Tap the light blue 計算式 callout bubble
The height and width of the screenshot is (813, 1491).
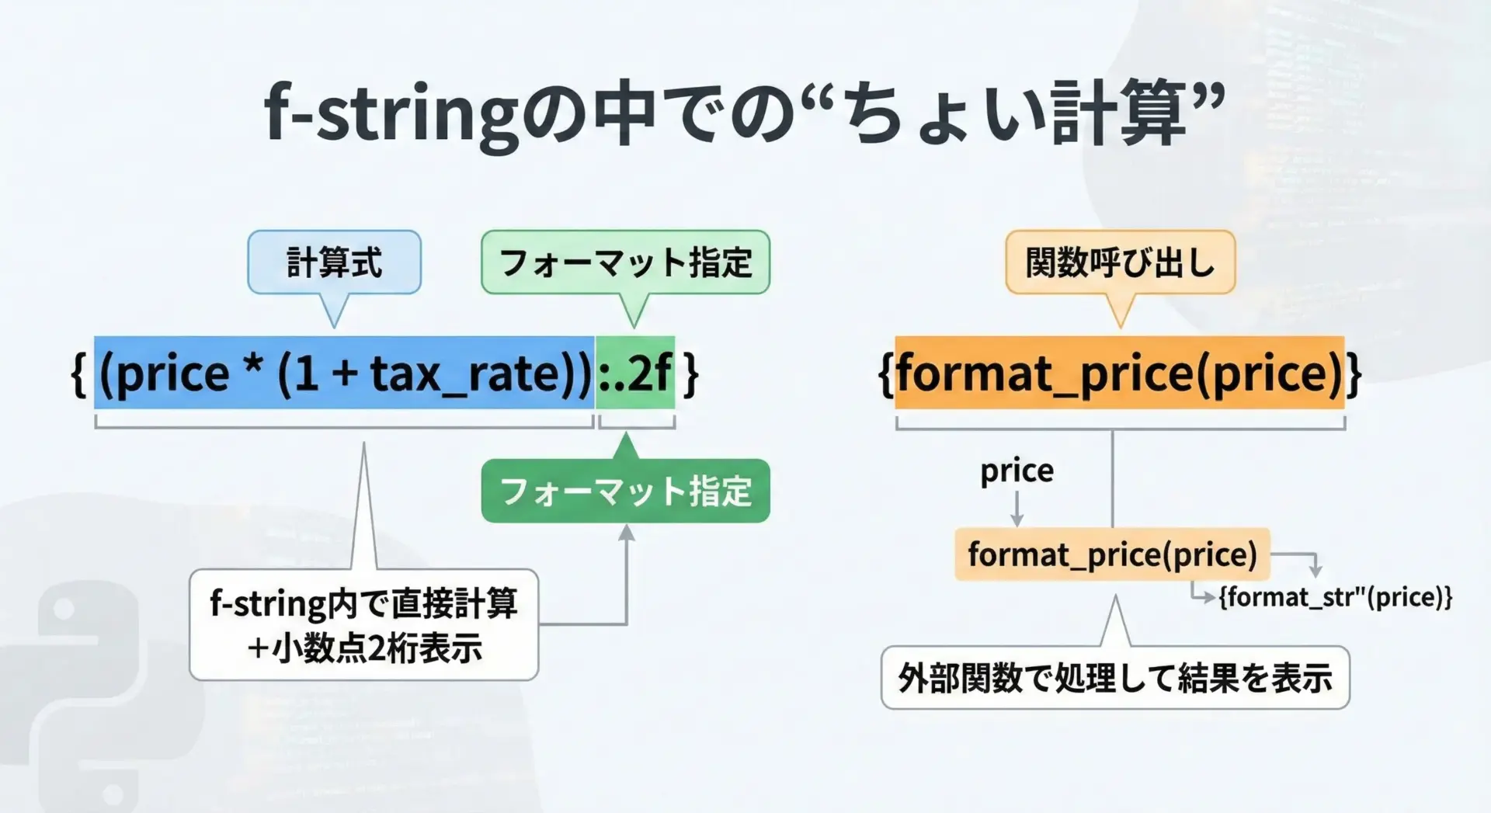coord(335,262)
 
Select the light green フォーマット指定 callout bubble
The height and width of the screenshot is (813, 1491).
coord(626,262)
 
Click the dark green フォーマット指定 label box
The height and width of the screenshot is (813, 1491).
coord(626,491)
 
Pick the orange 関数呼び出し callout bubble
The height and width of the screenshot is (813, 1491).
coord(1121,262)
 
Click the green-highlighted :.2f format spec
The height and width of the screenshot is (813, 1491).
coord(634,373)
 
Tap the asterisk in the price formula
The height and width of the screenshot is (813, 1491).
coord(252,365)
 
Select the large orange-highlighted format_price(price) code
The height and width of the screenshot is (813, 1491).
coord(1120,373)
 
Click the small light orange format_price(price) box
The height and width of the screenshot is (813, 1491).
coord(1112,554)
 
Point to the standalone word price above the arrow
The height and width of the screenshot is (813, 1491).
coord(1017,471)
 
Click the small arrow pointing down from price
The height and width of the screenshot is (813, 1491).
coord(1017,510)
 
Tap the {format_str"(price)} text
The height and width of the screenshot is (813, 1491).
coord(1335,597)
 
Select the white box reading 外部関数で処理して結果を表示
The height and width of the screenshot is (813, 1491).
coord(1115,677)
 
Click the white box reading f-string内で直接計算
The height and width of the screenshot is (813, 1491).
coord(363,625)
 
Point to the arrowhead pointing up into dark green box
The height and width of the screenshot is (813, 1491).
coord(627,532)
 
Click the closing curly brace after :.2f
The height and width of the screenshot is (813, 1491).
coord(690,374)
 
